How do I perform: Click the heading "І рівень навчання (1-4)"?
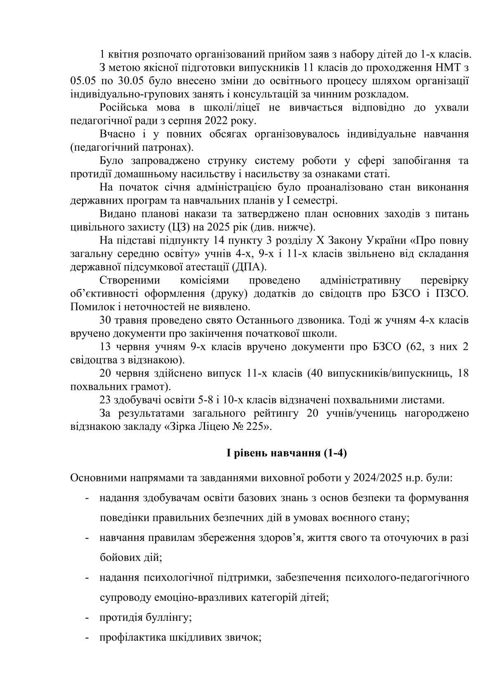[286, 453]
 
